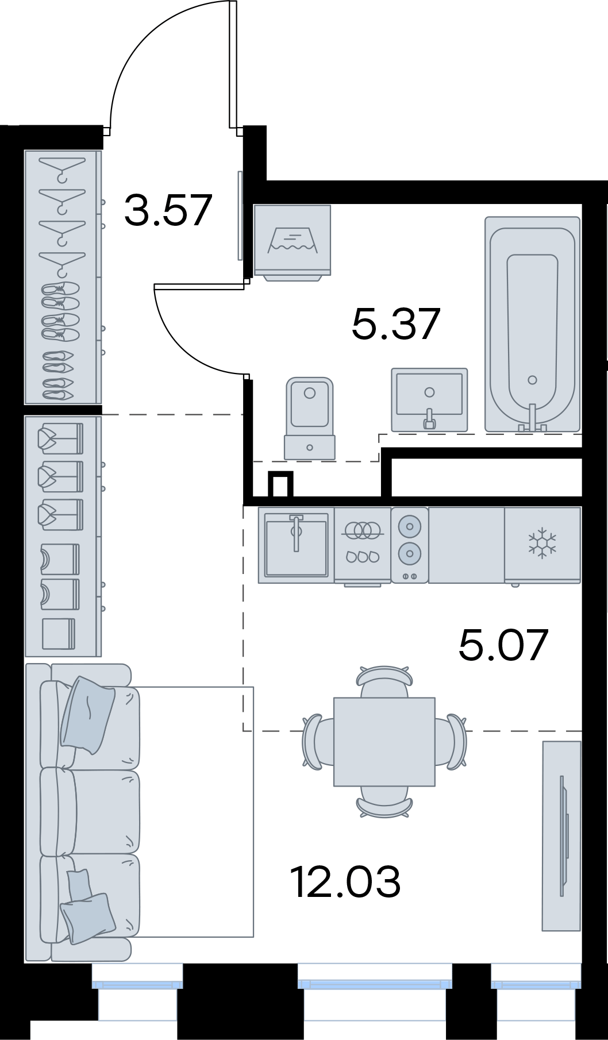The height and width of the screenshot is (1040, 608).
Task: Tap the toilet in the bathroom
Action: pos(309,417)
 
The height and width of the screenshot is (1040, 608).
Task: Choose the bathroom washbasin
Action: pos(429,400)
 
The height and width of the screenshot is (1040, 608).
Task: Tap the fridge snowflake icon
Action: pos(542,544)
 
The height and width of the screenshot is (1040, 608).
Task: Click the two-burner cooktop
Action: pos(410,544)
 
